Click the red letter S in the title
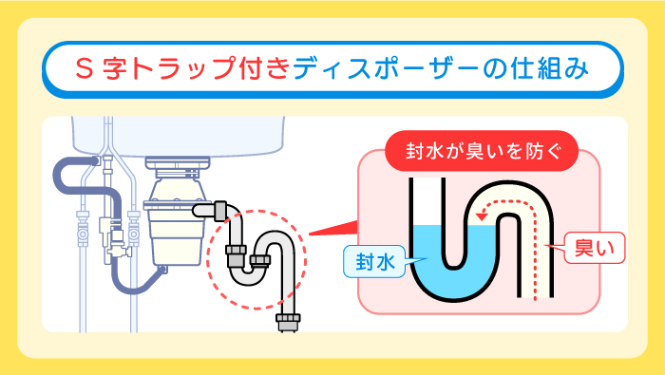(86, 70)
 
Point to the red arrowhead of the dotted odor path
(483, 217)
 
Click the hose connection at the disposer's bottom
(163, 271)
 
